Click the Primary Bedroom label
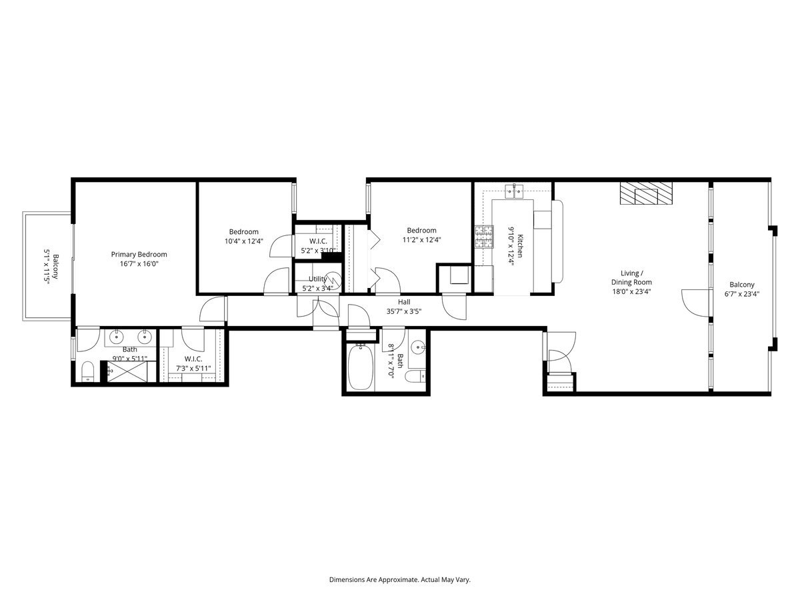[x=139, y=254]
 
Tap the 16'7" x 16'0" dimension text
[x=139, y=263]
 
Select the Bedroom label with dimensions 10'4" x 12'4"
[x=243, y=232]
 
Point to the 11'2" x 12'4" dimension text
[x=421, y=240]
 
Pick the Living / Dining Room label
[x=631, y=277]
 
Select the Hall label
[x=404, y=302]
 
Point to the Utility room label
[x=317, y=279]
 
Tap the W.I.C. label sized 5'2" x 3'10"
[x=317, y=241]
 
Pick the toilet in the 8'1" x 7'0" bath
[x=415, y=377]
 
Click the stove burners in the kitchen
[x=484, y=235]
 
